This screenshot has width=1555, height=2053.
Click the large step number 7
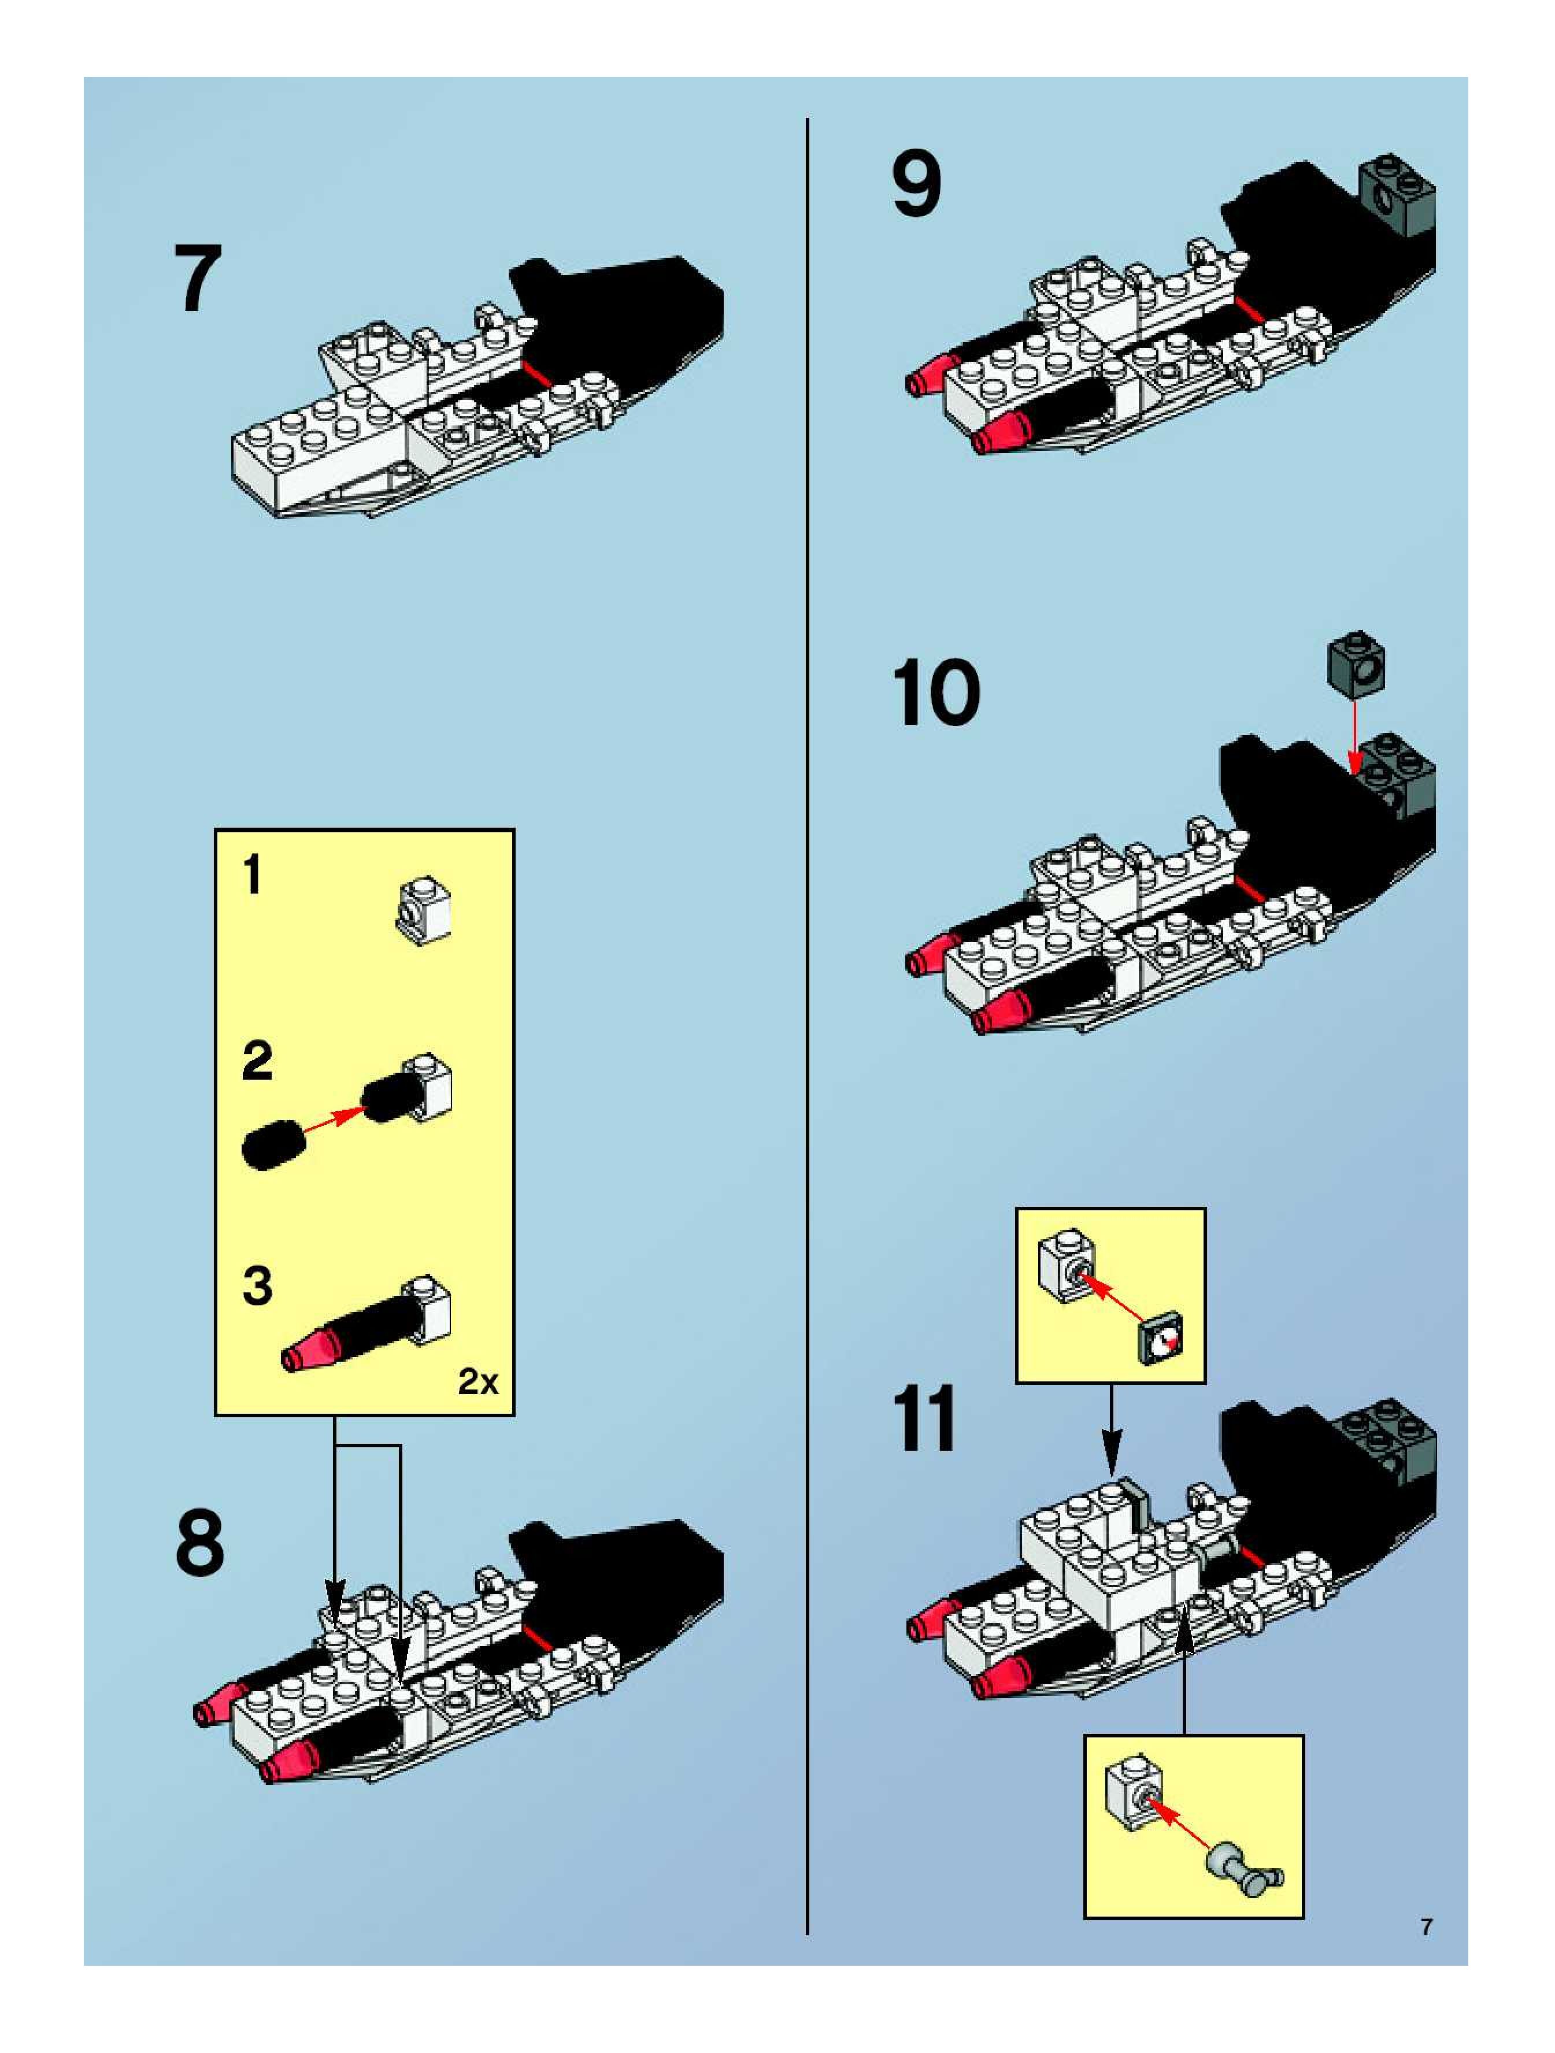(x=198, y=279)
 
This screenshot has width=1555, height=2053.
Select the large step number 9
(x=916, y=185)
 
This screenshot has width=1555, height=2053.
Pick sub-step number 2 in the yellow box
(x=257, y=1060)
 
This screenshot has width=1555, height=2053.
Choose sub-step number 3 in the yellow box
(x=257, y=1285)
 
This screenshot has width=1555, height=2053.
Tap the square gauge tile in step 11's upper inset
(x=1160, y=1341)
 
